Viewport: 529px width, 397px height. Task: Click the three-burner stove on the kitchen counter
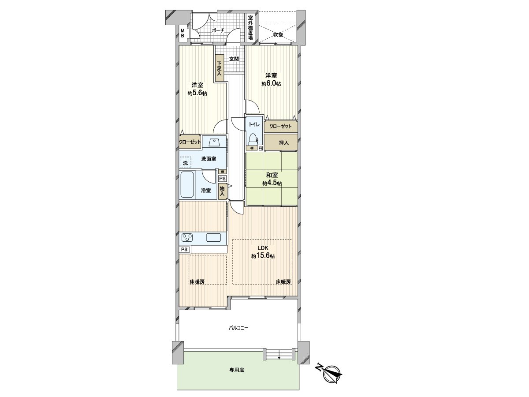(x=187, y=238)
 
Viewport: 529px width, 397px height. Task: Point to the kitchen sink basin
(x=214, y=238)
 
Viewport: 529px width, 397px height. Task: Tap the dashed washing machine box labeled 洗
(x=186, y=163)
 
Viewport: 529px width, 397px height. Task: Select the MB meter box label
(x=182, y=33)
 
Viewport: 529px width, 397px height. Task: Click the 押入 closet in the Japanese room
(x=284, y=142)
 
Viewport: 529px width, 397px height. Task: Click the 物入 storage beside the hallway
(x=222, y=191)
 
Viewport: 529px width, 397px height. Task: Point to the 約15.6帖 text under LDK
(x=263, y=256)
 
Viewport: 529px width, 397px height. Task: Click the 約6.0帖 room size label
(x=271, y=83)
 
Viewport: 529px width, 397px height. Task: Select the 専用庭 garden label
(x=236, y=370)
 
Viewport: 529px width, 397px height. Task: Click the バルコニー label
(x=238, y=328)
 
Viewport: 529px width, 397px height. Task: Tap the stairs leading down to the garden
(x=279, y=354)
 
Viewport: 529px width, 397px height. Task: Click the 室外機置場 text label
(x=250, y=27)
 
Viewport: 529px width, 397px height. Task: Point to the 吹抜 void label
(x=278, y=34)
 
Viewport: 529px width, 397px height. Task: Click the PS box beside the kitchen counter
(x=185, y=249)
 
